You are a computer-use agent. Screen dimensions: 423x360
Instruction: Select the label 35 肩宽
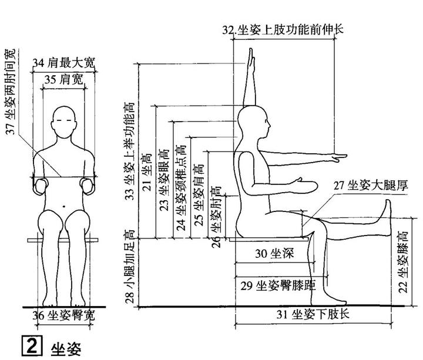(x=65, y=78)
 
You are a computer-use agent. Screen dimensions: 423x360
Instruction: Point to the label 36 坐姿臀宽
(x=63, y=315)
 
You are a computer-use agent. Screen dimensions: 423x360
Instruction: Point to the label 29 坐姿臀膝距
(x=277, y=285)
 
